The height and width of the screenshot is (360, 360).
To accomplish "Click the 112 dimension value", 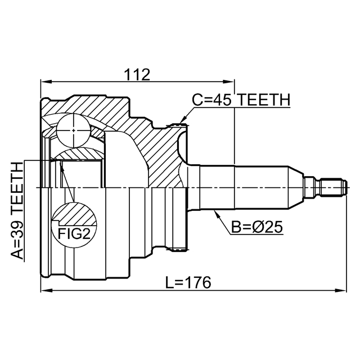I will point(137,74).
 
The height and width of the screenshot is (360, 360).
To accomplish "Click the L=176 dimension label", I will point(188,283).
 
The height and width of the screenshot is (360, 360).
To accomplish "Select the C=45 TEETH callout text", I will point(241,100).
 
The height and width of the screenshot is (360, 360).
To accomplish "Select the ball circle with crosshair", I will point(73,130).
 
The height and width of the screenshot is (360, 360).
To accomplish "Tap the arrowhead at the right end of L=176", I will point(341,291).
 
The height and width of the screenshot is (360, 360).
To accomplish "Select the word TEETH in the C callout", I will point(262,100).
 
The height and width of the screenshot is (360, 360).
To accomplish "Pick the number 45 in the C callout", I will point(222,100).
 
